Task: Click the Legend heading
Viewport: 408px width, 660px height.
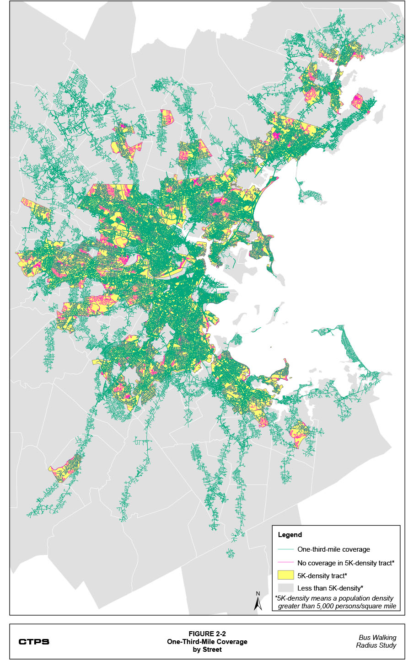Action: (x=290, y=535)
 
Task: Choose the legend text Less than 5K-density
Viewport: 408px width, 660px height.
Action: (x=329, y=588)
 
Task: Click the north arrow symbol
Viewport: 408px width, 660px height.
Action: (x=258, y=604)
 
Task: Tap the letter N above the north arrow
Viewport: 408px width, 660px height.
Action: (x=258, y=594)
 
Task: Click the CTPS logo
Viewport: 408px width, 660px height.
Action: (x=34, y=642)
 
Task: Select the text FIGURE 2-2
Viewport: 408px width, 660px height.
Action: (x=207, y=634)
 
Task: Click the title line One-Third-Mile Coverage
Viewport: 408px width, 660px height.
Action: (x=207, y=642)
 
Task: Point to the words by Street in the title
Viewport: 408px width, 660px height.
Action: (x=207, y=649)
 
